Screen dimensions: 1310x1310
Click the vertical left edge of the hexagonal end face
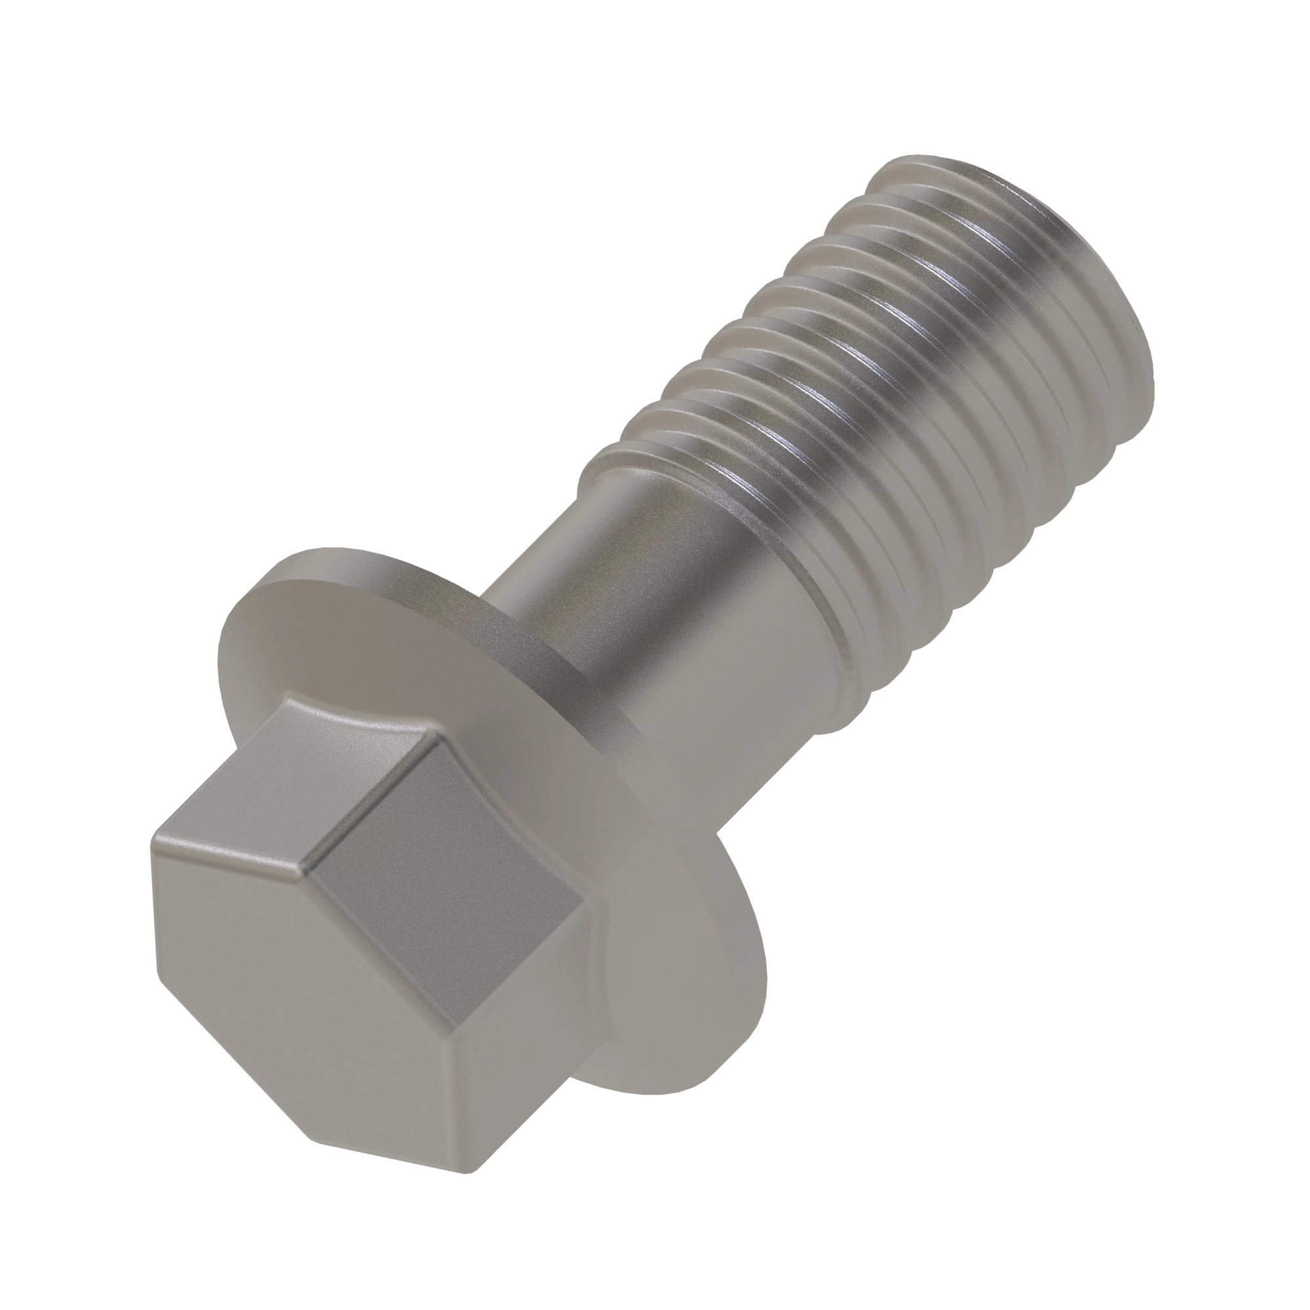[155, 902]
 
